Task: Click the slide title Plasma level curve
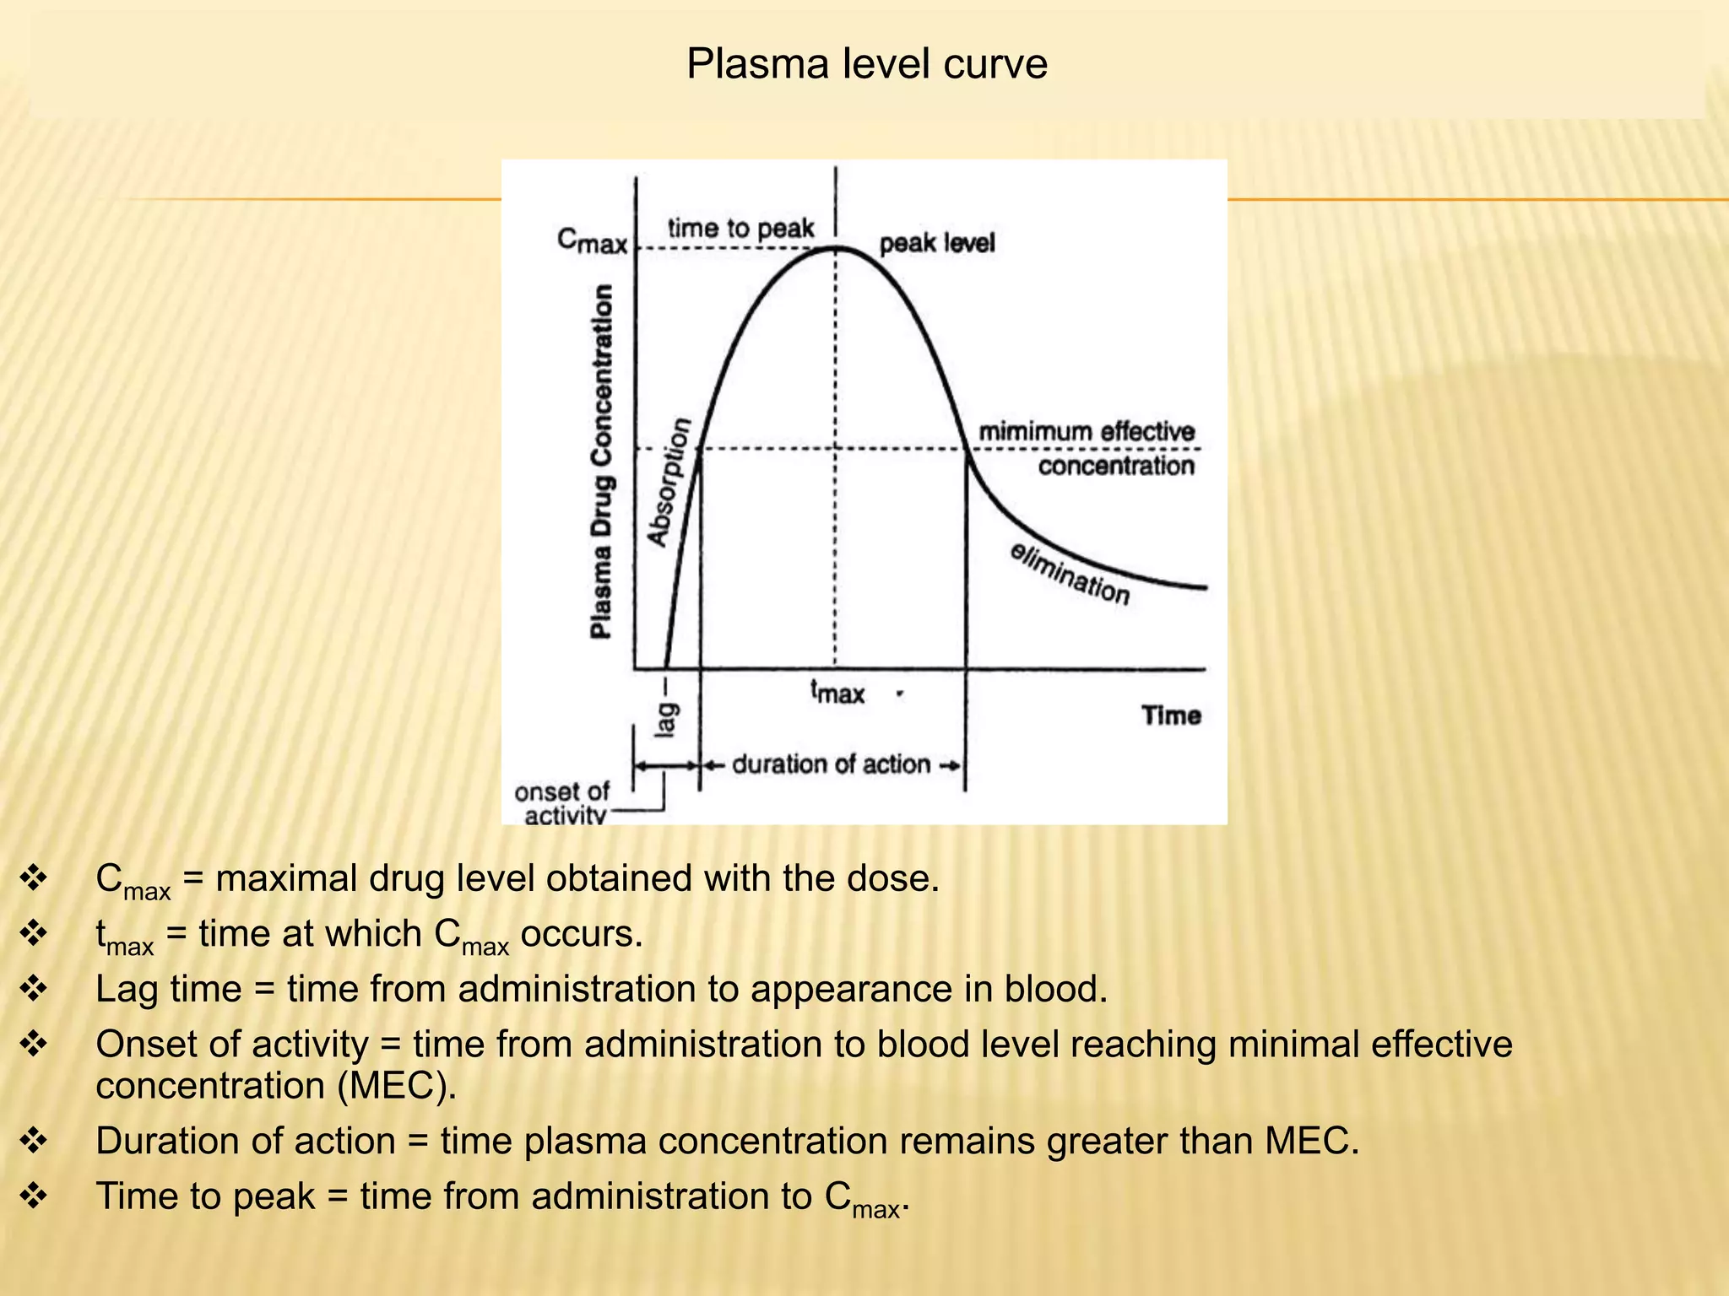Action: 866,64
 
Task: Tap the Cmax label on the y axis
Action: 592,241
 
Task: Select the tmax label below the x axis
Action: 837,692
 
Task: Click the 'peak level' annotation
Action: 937,244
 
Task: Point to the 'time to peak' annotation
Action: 740,229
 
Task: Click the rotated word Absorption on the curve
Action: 669,482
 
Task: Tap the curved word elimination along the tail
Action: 1070,574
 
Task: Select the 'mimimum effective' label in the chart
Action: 1087,432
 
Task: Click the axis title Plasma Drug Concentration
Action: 601,461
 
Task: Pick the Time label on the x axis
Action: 1171,715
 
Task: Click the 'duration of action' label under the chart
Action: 831,764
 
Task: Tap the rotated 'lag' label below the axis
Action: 666,718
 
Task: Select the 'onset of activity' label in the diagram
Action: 561,803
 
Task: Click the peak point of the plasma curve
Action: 836,248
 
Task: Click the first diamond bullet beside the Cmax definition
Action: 34,878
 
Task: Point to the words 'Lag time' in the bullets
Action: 168,989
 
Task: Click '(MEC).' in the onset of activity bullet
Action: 397,1085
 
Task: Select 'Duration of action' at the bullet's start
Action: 245,1141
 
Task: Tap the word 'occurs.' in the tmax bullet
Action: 582,934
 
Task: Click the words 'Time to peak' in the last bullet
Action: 205,1196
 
